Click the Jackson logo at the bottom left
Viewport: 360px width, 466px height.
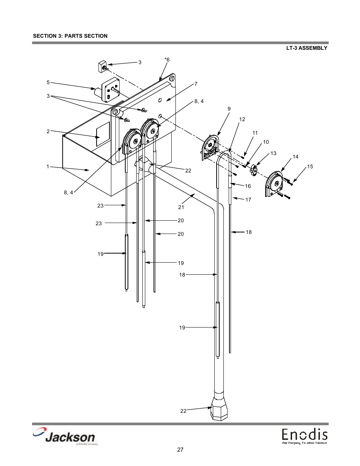pyautogui.click(x=64, y=437)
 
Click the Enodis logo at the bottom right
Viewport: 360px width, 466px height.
pyautogui.click(x=304, y=437)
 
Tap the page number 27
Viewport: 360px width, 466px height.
pyautogui.click(x=180, y=450)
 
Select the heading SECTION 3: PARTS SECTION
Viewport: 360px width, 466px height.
pyautogui.click(x=70, y=36)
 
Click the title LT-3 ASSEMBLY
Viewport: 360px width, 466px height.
pyautogui.click(x=306, y=48)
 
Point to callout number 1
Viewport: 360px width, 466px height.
pyautogui.click(x=48, y=166)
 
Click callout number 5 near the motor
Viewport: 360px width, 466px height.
pyautogui.click(x=48, y=82)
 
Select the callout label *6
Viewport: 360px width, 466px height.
pyautogui.click(x=167, y=60)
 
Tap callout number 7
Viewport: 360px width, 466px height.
pyautogui.click(x=196, y=84)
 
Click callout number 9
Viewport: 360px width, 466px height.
pyautogui.click(x=229, y=109)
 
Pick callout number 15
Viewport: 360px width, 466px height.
pyautogui.click(x=310, y=166)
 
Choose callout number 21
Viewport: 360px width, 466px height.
pyautogui.click(x=181, y=207)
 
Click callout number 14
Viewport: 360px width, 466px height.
pyautogui.click(x=295, y=157)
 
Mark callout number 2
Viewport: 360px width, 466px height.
pyautogui.click(x=48, y=131)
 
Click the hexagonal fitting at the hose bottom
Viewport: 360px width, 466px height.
pyautogui.click(x=219, y=409)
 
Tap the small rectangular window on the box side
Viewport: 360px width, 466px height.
pyautogui.click(x=103, y=135)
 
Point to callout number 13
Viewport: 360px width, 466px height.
pyautogui.click(x=273, y=153)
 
